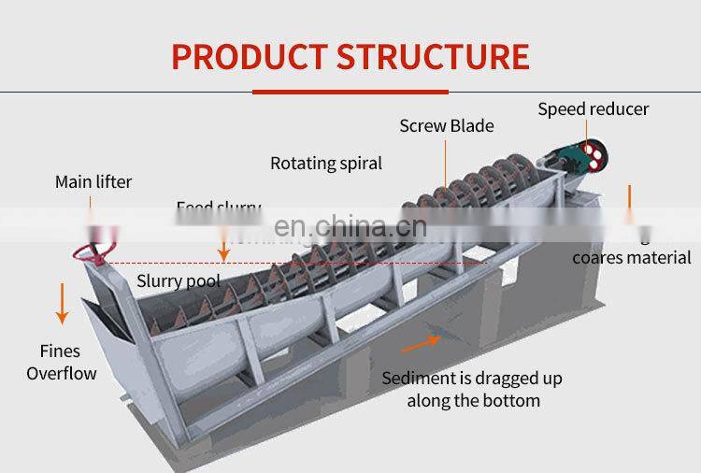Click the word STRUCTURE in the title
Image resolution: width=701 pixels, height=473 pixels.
pos(433,56)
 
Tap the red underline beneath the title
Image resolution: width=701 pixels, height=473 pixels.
pos(350,92)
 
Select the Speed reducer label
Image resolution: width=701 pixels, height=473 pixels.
pos(593,109)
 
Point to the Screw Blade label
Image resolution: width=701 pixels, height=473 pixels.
pos(447,126)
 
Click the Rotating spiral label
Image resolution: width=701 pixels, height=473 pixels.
pos(326,164)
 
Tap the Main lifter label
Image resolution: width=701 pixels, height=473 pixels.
pos(93,181)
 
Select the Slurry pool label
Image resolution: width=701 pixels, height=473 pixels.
pos(179,280)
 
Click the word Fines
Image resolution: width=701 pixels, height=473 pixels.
pos(60,351)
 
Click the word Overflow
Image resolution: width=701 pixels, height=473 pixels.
pos(62,374)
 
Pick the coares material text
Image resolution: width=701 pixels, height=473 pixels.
pos(632,258)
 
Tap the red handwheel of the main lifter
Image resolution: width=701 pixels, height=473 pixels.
pos(95,250)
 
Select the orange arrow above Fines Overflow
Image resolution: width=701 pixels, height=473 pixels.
pos(62,303)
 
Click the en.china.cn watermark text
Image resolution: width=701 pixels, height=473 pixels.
pos(350,227)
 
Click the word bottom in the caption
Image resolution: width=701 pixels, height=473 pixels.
pos(509,401)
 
